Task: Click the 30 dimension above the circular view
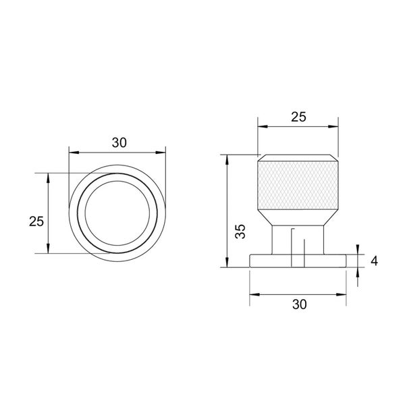(x=119, y=142)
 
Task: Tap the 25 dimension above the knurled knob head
(x=298, y=117)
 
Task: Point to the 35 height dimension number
(x=240, y=232)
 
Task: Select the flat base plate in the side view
(x=299, y=260)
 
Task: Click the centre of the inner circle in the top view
(x=119, y=213)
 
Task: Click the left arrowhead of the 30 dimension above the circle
(x=72, y=151)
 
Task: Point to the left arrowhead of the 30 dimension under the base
(x=252, y=294)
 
